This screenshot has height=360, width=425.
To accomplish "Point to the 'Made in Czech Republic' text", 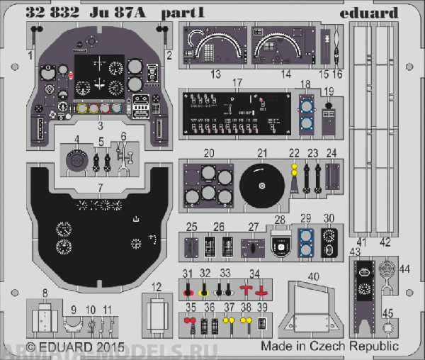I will (x=329, y=347).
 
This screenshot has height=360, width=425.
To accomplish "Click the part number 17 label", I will (x=238, y=83).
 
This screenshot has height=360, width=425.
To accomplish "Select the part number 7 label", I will (x=101, y=187).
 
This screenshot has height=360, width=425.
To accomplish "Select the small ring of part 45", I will (x=387, y=327).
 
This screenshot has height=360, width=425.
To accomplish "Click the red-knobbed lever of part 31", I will (x=188, y=290).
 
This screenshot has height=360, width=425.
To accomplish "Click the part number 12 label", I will (x=157, y=286).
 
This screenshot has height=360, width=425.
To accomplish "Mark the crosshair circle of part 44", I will (x=385, y=269).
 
